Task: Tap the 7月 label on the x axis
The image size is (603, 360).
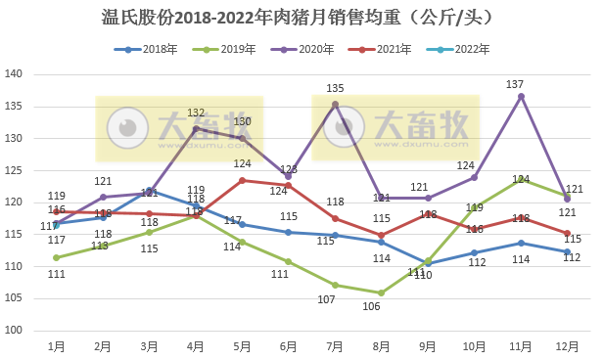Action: pos(335,345)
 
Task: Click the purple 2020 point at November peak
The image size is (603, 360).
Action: pos(521,96)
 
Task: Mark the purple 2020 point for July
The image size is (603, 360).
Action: pos(335,105)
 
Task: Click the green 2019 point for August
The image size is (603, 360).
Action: pos(381,292)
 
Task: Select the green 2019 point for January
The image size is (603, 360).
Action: pos(56,258)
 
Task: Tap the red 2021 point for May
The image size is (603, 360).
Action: pos(242,180)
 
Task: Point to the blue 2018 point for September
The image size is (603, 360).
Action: pos(428,263)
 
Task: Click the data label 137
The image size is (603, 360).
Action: pos(515,84)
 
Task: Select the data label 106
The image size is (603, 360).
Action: pos(372,306)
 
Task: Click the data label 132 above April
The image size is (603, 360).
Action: pos(196,113)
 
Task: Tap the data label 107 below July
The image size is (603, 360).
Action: pos(326,299)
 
